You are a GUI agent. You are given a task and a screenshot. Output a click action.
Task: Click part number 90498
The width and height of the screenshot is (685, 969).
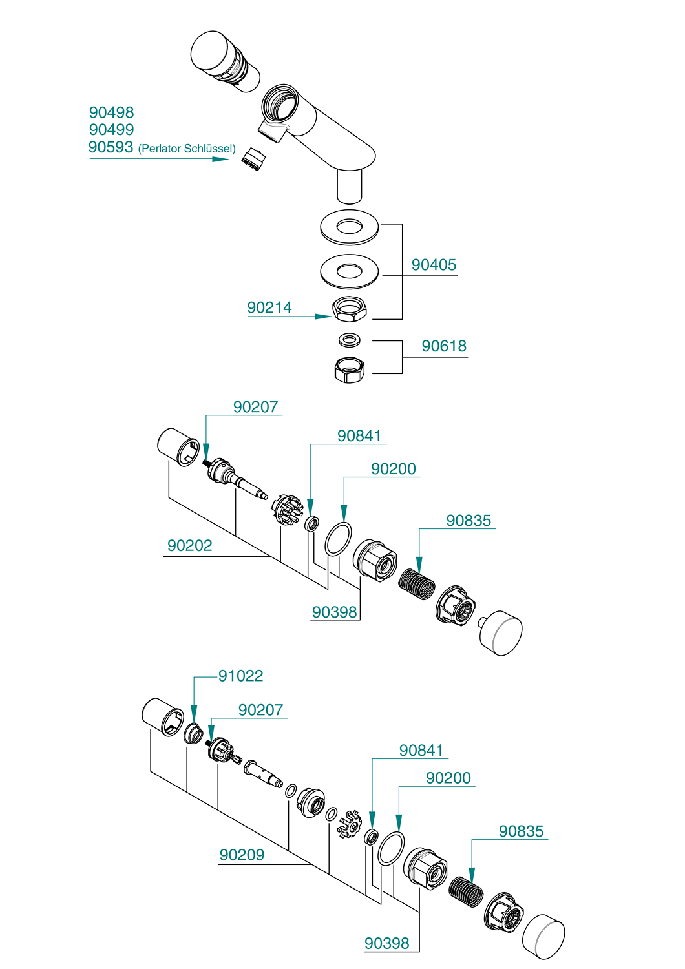pyautogui.click(x=111, y=112)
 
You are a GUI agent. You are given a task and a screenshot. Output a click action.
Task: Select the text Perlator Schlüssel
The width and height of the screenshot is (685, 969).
pyautogui.click(x=187, y=149)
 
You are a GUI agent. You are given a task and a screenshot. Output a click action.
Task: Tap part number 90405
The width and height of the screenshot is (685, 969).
pyautogui.click(x=434, y=265)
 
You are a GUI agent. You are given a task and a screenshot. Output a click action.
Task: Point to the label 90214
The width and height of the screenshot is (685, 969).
pyautogui.click(x=269, y=307)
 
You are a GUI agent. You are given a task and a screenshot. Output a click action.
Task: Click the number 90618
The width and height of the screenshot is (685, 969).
pyautogui.click(x=444, y=346)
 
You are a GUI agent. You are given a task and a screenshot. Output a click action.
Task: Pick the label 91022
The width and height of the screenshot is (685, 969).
pyautogui.click(x=240, y=676)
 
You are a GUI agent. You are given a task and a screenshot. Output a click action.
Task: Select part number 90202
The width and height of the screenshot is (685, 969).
pyautogui.click(x=189, y=545)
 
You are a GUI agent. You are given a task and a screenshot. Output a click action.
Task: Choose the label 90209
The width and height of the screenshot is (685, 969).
pyautogui.click(x=242, y=855)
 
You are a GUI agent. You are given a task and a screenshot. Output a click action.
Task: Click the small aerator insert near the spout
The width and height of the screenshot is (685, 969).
pyautogui.click(x=253, y=160)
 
